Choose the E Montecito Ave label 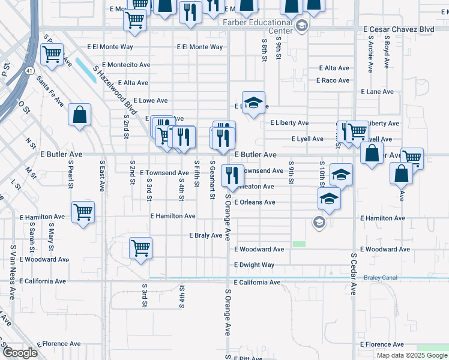pyautogui.click(x=126, y=64)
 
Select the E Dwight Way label pyautogui.click(x=254, y=265)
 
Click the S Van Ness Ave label pyautogui.click(x=12, y=272)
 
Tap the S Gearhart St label pyautogui.click(x=212, y=179)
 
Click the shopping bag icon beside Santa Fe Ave pyautogui.click(x=79, y=115)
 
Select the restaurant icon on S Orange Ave pyautogui.click(x=232, y=175)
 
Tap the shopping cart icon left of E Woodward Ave pyautogui.click(x=140, y=248)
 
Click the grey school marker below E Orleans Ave pyautogui.click(x=319, y=223)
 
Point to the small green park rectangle pyautogui.click(x=299, y=244)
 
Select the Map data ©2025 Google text pyautogui.click(x=412, y=355)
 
